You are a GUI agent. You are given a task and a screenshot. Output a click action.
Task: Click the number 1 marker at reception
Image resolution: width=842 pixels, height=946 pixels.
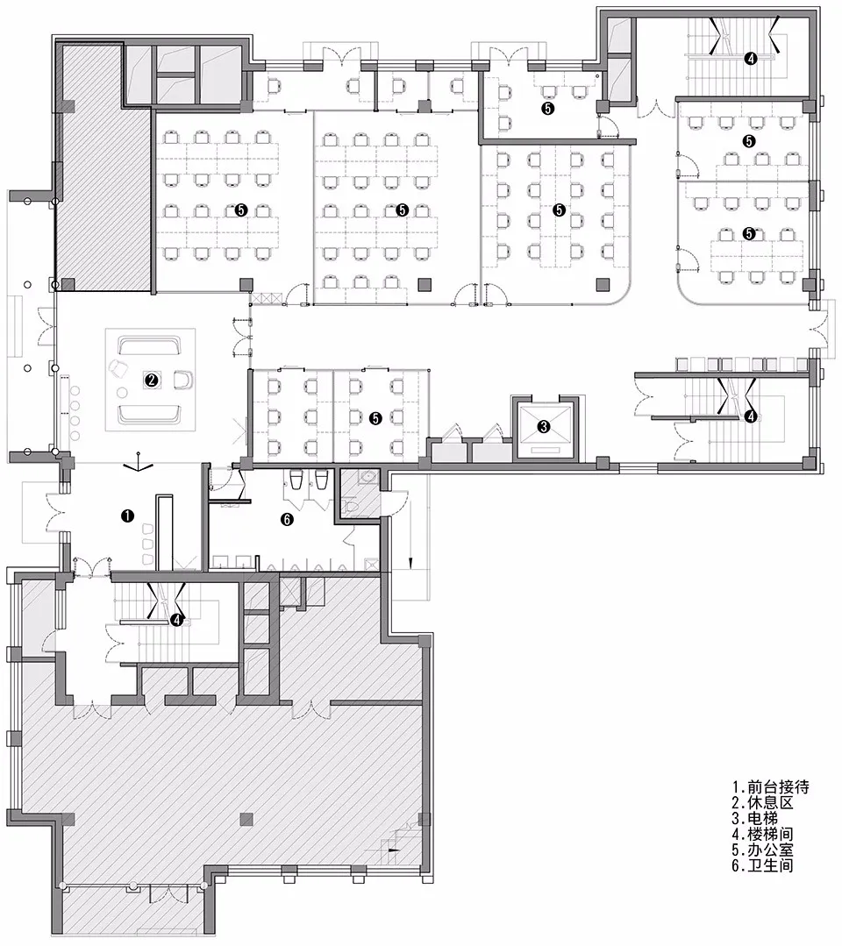coord(126,517)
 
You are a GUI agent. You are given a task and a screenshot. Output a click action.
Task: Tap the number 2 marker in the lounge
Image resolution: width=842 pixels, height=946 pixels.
coord(152,380)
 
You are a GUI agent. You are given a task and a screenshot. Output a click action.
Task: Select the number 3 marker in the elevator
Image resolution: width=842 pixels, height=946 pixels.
coord(543,427)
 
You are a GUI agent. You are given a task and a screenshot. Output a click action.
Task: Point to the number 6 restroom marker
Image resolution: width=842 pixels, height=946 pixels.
coord(286,518)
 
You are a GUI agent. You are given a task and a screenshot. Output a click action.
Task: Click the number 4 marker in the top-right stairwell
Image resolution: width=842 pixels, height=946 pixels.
coord(750,59)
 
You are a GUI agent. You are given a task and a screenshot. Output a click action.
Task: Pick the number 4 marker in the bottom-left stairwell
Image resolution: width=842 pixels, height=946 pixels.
coord(177,620)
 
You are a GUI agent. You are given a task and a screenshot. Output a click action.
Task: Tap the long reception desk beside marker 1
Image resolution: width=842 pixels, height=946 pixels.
coord(162,530)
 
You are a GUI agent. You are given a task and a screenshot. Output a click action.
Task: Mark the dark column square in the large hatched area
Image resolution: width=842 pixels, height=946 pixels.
coord(246,819)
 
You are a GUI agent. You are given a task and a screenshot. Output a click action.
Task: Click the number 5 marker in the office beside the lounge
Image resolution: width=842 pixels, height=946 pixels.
coord(375,419)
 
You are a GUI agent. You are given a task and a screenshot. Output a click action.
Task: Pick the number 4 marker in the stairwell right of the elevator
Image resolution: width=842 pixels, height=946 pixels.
coord(750,416)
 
